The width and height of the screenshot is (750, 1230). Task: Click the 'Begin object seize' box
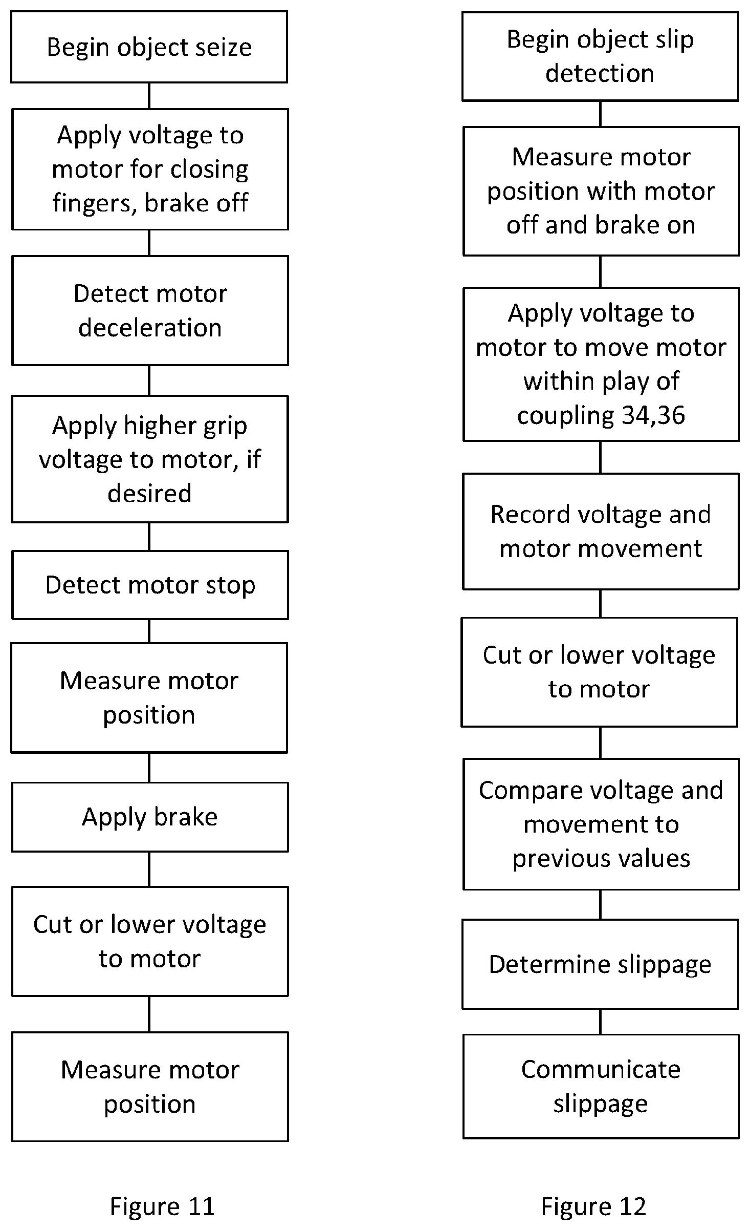coord(149,47)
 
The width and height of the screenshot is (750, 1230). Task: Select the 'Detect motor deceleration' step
coord(150,310)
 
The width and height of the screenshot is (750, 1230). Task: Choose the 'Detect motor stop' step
coord(150,585)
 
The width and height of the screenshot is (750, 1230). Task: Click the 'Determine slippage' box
coord(600,964)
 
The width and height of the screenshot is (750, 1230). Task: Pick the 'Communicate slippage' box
coord(601,1086)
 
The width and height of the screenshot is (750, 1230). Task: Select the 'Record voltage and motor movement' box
coord(601,532)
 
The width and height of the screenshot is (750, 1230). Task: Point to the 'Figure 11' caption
coord(162,1206)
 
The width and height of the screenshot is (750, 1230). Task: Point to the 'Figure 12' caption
coord(593,1206)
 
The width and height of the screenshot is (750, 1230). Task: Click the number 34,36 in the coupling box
coord(652,415)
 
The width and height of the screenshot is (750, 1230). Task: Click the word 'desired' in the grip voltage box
coord(149,493)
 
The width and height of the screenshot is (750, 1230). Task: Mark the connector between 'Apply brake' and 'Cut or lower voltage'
coord(149,870)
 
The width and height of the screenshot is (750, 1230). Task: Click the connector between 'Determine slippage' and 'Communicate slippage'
coord(601,1022)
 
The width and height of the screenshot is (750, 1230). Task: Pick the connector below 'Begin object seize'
coord(149,96)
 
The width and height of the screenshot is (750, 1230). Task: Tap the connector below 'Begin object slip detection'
coord(601,114)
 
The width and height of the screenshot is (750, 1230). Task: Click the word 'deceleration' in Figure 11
coord(150,328)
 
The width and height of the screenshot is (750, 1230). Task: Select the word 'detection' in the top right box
coord(600,73)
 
